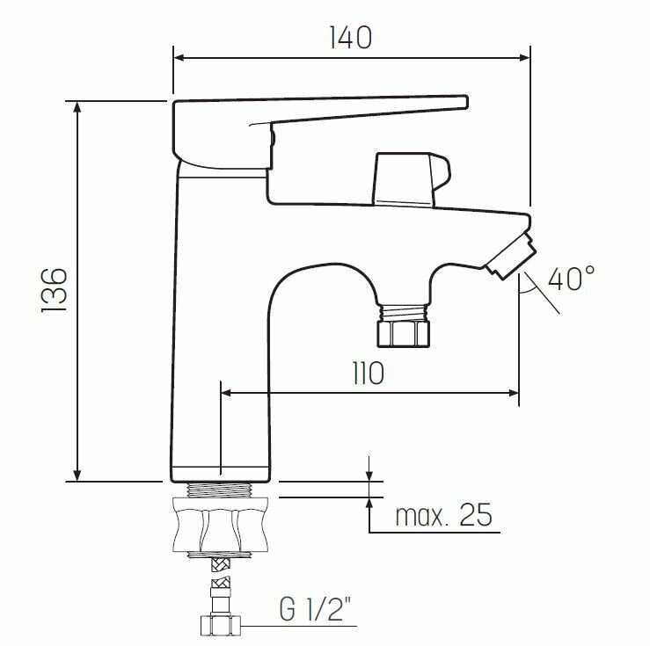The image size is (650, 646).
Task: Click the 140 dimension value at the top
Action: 351,38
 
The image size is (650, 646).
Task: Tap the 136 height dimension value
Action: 55,290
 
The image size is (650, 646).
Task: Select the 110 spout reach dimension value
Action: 369,374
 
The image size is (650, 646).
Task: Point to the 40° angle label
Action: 571,278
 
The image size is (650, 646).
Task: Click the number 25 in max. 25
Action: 476,515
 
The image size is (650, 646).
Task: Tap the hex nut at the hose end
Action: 220,626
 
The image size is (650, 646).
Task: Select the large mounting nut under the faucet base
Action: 221,525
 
